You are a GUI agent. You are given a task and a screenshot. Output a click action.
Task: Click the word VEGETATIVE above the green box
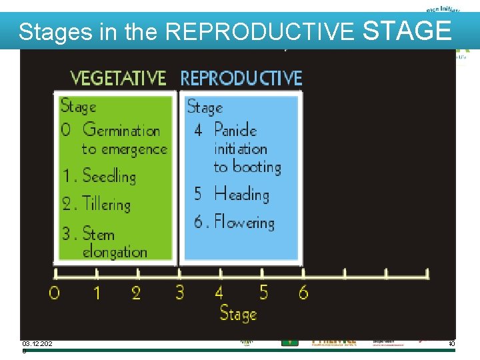point(118,78)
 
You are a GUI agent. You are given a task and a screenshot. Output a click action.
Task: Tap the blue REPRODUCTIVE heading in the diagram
point(241,78)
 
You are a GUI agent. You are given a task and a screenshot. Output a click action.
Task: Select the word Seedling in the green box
point(109,176)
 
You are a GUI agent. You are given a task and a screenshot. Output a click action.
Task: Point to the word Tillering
point(106,204)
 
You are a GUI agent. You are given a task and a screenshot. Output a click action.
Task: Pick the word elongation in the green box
point(114,252)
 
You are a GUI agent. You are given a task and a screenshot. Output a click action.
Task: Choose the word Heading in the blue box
point(241,195)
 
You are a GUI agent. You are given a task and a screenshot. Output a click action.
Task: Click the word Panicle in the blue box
point(235,129)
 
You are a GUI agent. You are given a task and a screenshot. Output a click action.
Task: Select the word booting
point(257,167)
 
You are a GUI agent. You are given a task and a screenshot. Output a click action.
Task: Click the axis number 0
point(55,293)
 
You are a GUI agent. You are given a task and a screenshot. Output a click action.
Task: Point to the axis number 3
point(179,292)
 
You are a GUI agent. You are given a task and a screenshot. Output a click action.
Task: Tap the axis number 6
point(303,292)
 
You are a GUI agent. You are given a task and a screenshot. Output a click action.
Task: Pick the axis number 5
point(263,292)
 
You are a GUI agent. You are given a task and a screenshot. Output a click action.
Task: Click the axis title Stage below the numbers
point(238,313)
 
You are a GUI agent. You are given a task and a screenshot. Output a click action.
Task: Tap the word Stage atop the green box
point(78,106)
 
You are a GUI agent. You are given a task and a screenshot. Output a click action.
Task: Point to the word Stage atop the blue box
point(205,107)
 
